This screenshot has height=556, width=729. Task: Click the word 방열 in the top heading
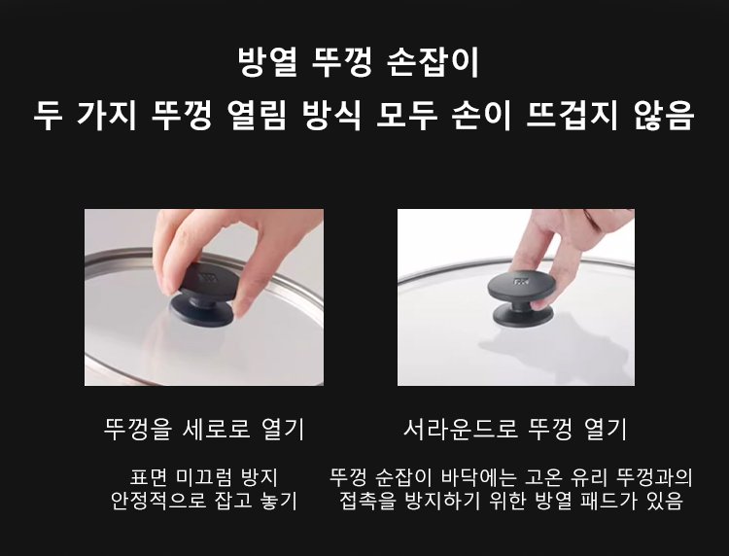[x=267, y=62]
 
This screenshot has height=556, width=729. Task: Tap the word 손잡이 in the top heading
[x=433, y=62]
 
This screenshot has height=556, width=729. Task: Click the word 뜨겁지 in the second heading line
[x=572, y=115]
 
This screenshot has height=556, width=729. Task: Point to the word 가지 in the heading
[x=107, y=115]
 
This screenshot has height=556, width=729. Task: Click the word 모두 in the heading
[x=407, y=115]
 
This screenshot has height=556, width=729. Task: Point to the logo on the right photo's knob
[x=520, y=280]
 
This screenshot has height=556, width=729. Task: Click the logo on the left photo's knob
[x=208, y=278]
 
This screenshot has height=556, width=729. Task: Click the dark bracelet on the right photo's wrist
[x=591, y=217]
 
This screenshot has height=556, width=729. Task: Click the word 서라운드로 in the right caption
[x=461, y=429]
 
